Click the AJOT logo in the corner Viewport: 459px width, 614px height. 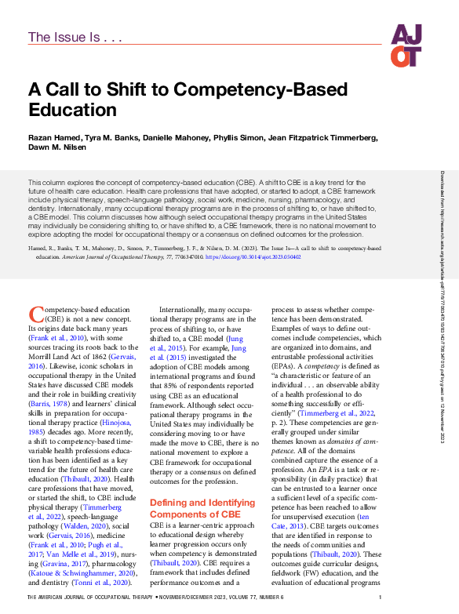pos(407,45)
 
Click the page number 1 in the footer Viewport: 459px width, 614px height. pos(381,598)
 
